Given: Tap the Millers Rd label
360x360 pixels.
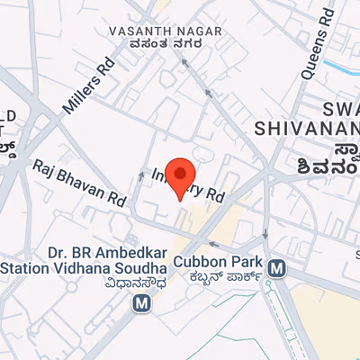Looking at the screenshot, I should pos(89,87).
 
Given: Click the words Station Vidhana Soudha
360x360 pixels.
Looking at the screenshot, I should pos(84,268).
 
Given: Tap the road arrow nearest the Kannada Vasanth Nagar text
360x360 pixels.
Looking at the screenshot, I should pos(184,62).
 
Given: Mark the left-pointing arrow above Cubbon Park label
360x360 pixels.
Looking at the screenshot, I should pos(214,243).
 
